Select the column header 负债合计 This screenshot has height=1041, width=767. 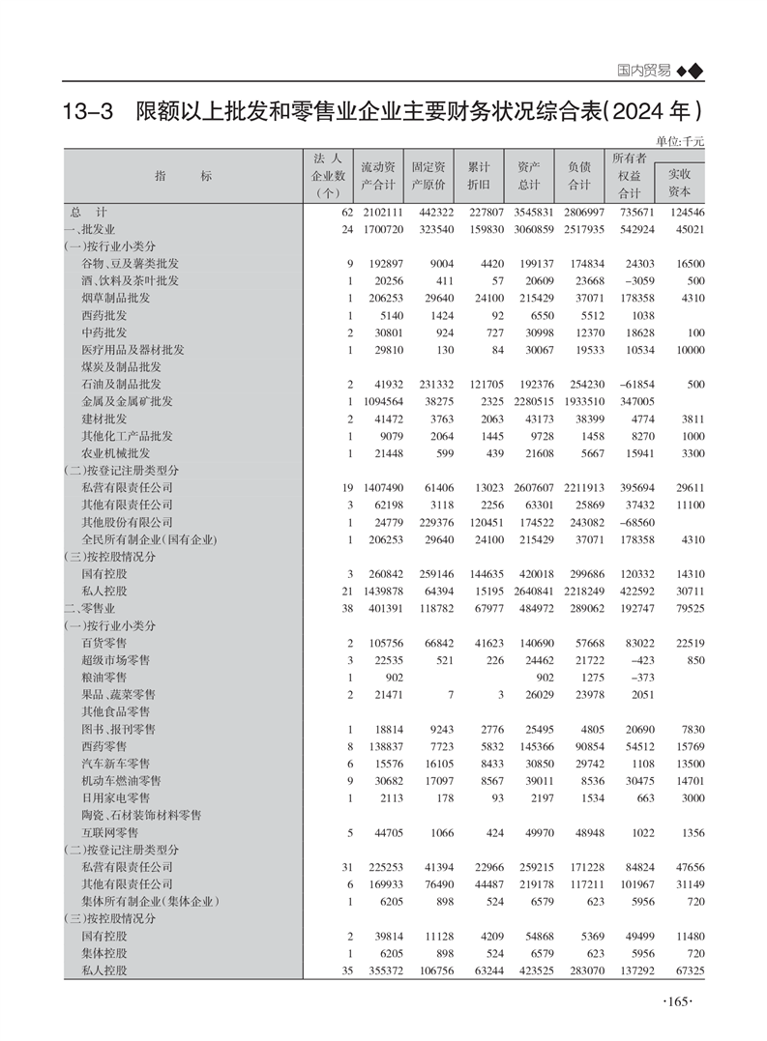coord(578,176)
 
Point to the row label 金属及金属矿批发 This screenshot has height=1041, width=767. coord(127,401)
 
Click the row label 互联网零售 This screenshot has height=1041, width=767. coord(109,831)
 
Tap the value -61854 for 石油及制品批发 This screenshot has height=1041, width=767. coord(635,384)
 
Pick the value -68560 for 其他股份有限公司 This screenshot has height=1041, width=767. coord(635,522)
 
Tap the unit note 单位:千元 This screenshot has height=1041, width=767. coord(680,141)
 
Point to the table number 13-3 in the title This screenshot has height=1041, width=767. coord(87,110)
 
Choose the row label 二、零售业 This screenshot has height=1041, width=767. coord(89,608)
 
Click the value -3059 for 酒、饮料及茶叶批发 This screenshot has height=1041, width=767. coord(635,280)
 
